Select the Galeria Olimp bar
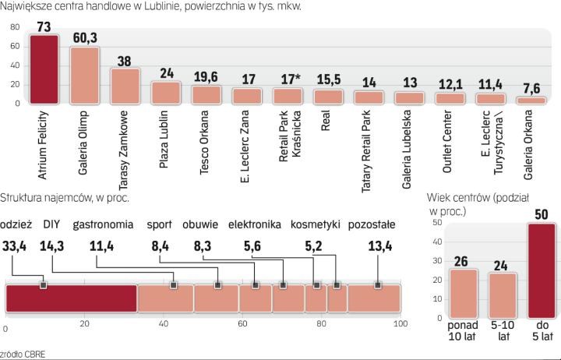tap(84, 76)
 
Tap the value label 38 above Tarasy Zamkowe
tap(125, 60)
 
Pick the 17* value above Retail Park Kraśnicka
tap(288, 79)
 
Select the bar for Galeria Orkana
tap(531, 101)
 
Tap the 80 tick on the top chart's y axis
tap(13, 28)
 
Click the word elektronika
tap(254, 226)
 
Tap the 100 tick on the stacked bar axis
tap(400, 325)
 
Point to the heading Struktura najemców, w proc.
tap(65, 197)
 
